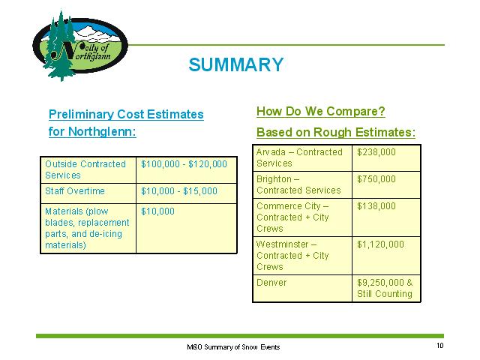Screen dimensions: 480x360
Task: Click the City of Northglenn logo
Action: tap(80, 46)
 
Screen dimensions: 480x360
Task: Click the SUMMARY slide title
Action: tap(236, 64)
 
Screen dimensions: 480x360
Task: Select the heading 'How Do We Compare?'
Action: tap(321, 111)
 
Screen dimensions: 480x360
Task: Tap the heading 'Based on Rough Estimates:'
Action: tap(336, 132)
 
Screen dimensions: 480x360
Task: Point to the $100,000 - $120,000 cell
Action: tap(184, 164)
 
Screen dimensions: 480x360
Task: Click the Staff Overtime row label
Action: tap(75, 191)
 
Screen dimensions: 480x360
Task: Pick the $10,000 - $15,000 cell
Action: tap(179, 191)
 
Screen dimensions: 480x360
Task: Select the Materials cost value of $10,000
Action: tap(157, 211)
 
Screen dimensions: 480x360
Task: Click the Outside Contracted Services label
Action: tap(85, 169)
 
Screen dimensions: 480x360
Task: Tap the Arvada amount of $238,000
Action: tap(376, 152)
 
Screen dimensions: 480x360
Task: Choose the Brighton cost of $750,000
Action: tap(376, 179)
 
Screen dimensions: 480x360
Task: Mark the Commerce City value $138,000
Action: tap(376, 206)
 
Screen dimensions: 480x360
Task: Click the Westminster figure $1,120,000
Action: tap(380, 244)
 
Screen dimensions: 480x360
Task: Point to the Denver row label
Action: tap(271, 283)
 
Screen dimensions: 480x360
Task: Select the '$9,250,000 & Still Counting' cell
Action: tap(385, 288)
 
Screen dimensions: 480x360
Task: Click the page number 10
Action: tap(440, 346)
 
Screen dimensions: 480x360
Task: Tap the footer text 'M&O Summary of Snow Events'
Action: tap(233, 346)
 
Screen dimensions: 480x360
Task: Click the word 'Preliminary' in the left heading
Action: tap(81, 115)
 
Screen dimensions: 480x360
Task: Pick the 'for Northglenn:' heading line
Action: tap(92, 132)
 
